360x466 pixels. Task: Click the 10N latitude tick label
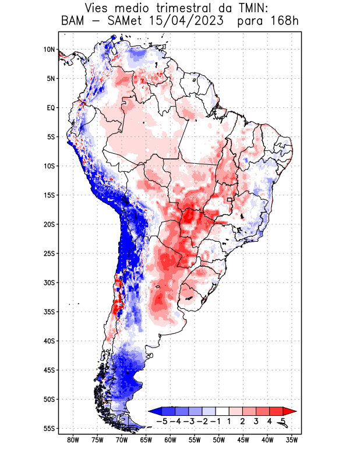49,50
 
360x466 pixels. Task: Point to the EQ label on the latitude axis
51,108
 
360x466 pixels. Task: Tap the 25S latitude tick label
49,253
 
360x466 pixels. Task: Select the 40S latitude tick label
49,341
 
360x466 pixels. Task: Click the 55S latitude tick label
49,428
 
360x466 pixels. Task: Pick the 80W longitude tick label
73,440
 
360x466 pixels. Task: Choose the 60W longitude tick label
170,440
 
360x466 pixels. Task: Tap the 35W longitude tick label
292,440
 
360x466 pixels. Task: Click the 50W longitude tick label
219,440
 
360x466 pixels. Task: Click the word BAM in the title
73,22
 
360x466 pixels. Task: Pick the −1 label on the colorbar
216,421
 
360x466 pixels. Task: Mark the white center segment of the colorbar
223,411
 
